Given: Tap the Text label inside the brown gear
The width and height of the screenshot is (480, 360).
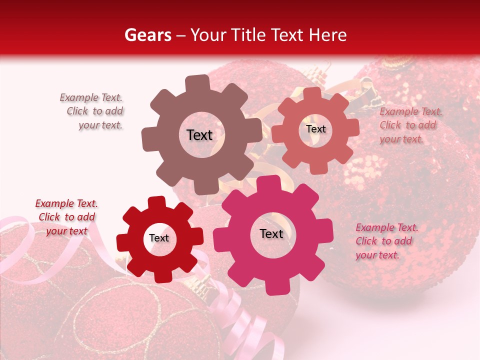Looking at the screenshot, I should pos(199,135).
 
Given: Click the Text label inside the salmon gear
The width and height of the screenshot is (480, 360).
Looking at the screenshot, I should pos(315,129).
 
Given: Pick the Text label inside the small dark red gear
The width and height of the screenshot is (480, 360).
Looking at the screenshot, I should pos(159,238).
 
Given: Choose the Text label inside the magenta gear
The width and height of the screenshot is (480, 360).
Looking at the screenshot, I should pos(271,234).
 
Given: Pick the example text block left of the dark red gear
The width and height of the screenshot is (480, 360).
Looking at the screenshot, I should pos(66,217).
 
